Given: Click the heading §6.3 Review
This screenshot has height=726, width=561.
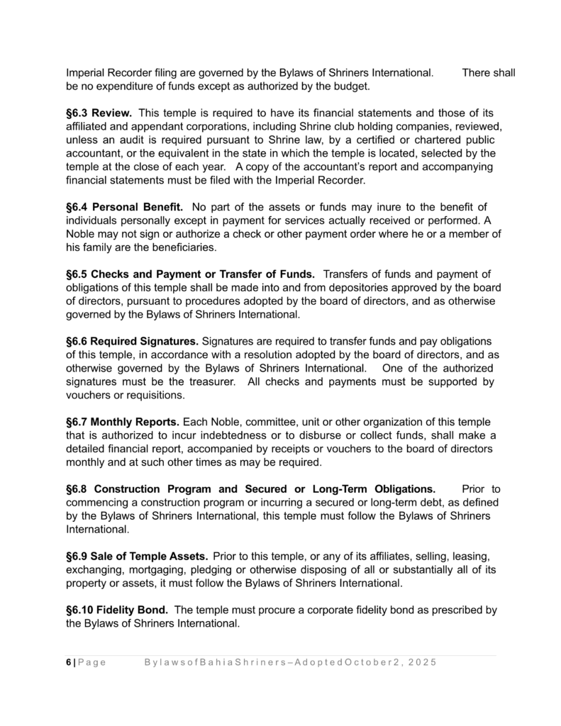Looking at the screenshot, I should [x=98, y=113].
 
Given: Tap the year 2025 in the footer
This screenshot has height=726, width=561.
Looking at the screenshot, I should [x=423, y=662].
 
